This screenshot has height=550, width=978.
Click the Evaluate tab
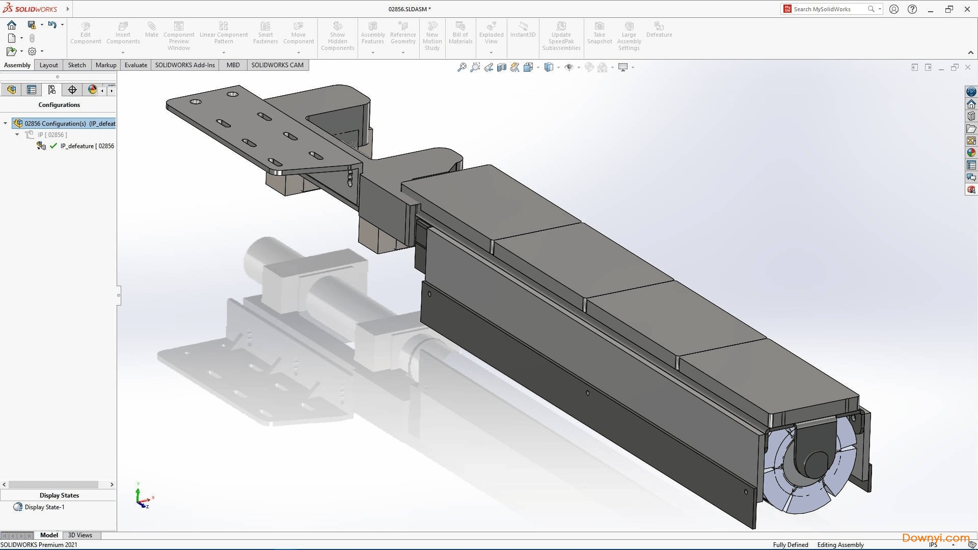[x=135, y=65]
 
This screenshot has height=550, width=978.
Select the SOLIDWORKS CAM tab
[x=277, y=65]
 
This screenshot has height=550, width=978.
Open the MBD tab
[x=233, y=65]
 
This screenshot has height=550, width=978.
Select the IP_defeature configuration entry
[x=87, y=146]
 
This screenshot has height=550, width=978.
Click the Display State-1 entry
[x=44, y=507]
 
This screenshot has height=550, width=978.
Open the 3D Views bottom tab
[x=80, y=535]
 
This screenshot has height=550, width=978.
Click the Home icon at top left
[x=12, y=24]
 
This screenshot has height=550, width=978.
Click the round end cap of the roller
[x=817, y=463]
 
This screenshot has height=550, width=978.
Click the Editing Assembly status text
[x=840, y=545]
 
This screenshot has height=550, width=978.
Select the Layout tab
[x=49, y=65]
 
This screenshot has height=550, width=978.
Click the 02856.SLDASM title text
[x=409, y=9]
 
